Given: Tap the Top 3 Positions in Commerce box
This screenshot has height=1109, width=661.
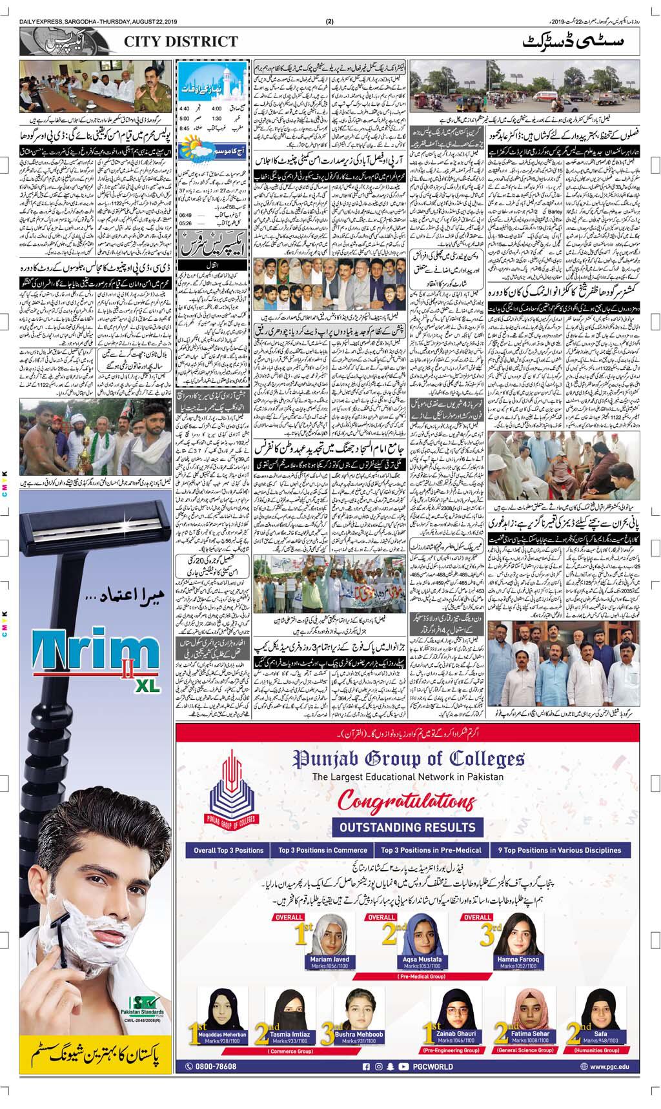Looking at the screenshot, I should tap(323, 850).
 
